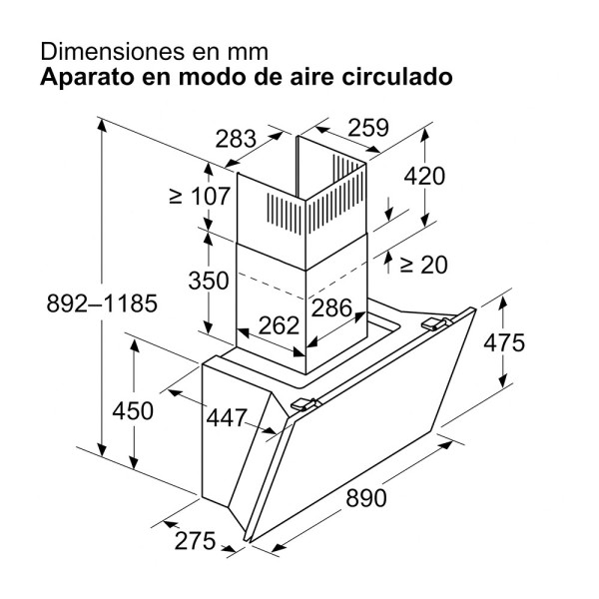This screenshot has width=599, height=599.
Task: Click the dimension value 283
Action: [236, 139]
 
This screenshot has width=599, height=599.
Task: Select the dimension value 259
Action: [368, 127]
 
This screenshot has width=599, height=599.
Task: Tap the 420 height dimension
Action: [424, 176]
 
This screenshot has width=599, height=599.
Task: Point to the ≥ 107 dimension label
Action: [200, 196]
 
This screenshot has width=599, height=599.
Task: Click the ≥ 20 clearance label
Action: [423, 265]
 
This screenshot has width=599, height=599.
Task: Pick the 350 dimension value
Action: [209, 281]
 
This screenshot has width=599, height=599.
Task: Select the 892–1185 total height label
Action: [102, 303]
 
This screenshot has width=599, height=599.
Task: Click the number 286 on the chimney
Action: [331, 307]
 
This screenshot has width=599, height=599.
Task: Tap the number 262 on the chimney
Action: [279, 325]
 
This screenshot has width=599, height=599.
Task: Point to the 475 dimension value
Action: [504, 342]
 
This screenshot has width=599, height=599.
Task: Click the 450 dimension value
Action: [133, 410]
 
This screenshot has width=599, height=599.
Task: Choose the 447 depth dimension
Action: [227, 417]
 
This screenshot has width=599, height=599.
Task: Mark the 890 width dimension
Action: [366, 498]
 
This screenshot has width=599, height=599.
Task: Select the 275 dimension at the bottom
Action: [196, 541]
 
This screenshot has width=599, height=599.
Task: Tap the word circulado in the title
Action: [397, 77]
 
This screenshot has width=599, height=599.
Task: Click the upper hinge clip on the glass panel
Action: [434, 323]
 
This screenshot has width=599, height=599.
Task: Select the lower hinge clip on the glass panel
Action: [304, 404]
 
